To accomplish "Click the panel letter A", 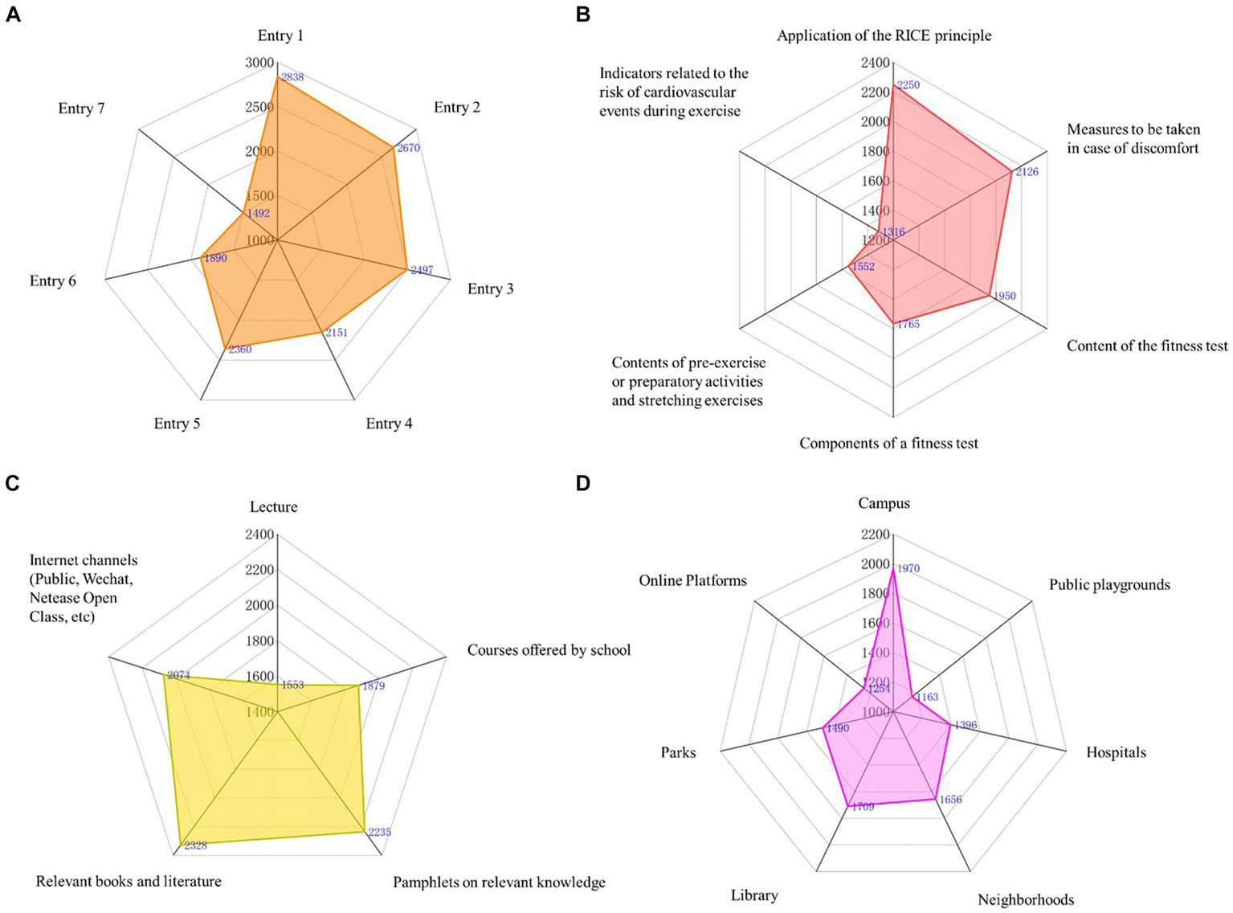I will (x=13, y=14).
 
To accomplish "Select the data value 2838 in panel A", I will (x=292, y=77).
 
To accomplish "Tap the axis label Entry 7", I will (x=81, y=108).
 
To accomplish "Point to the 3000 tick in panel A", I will (x=259, y=63).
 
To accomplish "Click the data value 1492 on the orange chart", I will (x=259, y=214).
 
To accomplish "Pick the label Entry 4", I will (x=389, y=424).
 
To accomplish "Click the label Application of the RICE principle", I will (x=884, y=35).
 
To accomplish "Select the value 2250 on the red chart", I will (x=908, y=85).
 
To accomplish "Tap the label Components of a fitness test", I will (x=888, y=443).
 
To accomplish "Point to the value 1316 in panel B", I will (x=894, y=232).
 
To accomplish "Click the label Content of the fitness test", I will (x=1147, y=346).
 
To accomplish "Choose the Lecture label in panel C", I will (x=273, y=506).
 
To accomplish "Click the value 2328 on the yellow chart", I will (x=196, y=845).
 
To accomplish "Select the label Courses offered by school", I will (x=549, y=649).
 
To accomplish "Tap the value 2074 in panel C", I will (x=178, y=676).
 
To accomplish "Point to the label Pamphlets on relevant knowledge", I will (x=499, y=882).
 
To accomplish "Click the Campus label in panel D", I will (x=884, y=503).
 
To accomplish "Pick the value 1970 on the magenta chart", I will (x=908, y=569).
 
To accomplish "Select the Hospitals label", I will (x=1116, y=752).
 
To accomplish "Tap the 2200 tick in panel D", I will (x=875, y=534).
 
